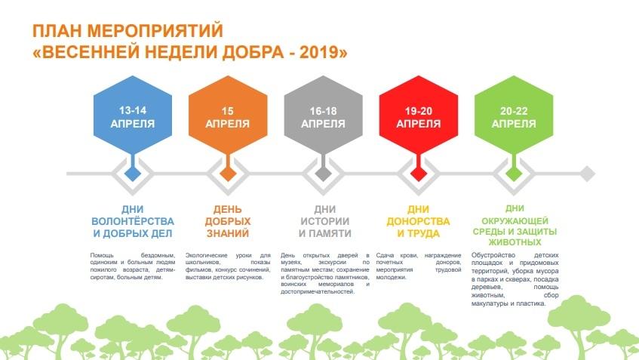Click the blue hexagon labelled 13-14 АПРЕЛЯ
(x=133, y=115)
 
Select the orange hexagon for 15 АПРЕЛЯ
(x=228, y=115)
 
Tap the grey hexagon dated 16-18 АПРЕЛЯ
(x=323, y=115)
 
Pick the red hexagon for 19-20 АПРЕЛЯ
(x=419, y=115)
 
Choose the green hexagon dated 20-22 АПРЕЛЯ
(x=514, y=115)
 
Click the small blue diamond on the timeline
(x=133, y=174)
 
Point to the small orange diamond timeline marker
(x=228, y=174)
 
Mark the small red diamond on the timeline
(x=419, y=174)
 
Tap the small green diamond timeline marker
(x=514, y=174)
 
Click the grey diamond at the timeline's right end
(x=587, y=174)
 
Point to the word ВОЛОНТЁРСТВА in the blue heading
(x=133, y=221)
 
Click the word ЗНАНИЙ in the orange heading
(x=228, y=234)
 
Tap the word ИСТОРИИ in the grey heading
(x=325, y=221)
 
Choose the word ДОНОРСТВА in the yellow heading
(x=418, y=221)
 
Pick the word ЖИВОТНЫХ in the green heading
(x=515, y=242)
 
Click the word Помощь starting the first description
(x=102, y=255)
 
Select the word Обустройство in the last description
(x=487, y=255)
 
